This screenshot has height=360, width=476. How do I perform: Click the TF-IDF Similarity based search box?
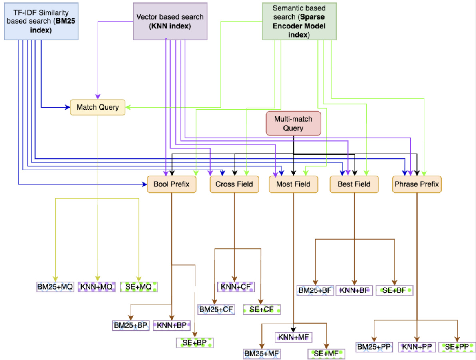41,20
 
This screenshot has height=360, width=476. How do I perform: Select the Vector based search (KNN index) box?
170,21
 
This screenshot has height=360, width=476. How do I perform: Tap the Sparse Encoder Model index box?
299,21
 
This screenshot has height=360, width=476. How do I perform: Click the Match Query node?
98,107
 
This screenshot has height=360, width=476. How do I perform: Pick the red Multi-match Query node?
293,124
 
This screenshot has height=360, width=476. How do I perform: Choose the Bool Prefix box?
171,184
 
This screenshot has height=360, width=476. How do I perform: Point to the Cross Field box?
234,184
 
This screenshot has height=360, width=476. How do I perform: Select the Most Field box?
293,184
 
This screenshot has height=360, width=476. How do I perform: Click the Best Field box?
354,184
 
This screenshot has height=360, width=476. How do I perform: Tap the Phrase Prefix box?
417,184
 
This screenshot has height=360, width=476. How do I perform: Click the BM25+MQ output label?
55,287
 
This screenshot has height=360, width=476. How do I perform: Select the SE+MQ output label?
139,287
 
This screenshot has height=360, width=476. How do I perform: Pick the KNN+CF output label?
236,287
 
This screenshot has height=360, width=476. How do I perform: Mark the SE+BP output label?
195,343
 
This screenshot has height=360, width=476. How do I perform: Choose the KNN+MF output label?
293,337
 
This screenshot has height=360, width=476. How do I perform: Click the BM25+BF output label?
315,291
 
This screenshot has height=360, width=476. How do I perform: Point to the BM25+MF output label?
262,354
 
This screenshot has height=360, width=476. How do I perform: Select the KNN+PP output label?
417,347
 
